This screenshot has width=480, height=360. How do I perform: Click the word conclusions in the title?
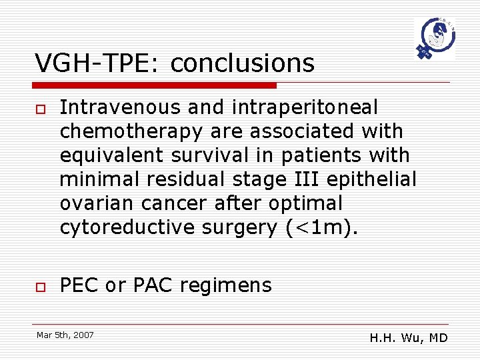242,63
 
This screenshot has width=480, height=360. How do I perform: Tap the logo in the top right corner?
435,39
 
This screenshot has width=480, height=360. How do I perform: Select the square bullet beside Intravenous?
39,108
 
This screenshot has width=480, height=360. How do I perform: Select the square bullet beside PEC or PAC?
39,287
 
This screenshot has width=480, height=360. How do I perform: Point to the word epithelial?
380,179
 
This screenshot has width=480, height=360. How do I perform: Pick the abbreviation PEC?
79,285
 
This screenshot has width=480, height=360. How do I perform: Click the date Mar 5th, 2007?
65,335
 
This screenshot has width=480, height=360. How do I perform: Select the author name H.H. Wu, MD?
409,338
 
